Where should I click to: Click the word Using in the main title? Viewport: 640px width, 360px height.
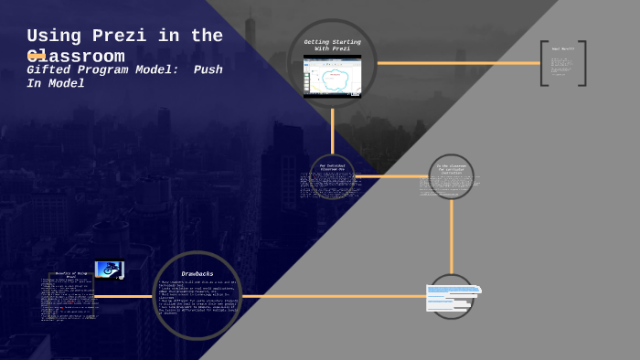pos(55,37)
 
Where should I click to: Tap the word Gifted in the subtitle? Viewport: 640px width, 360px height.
pos(51,69)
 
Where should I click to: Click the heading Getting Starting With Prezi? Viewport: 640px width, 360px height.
pos(332,45)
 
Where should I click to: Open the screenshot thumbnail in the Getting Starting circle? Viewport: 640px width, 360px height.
pos(332,76)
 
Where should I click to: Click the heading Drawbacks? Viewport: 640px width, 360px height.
pos(197,273)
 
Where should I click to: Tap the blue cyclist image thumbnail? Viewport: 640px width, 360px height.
pos(109,270)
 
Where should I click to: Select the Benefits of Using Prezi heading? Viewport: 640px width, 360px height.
pos(71,274)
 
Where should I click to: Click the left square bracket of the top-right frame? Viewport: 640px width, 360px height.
pos(543,63)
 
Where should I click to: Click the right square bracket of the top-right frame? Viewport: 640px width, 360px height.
pos(582,63)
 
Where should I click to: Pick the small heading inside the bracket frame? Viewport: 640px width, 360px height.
pos(562,48)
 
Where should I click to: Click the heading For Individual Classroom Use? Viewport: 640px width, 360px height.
pos(332,168)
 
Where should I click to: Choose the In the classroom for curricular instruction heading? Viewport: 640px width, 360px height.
pos(451,169)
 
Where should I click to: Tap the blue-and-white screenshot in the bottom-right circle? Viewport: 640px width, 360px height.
pos(452,297)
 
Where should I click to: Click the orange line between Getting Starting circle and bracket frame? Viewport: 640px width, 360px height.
pos(457,63)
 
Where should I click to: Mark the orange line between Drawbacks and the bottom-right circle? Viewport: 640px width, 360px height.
pos(334,296)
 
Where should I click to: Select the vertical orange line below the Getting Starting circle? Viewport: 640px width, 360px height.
pos(332,131)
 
